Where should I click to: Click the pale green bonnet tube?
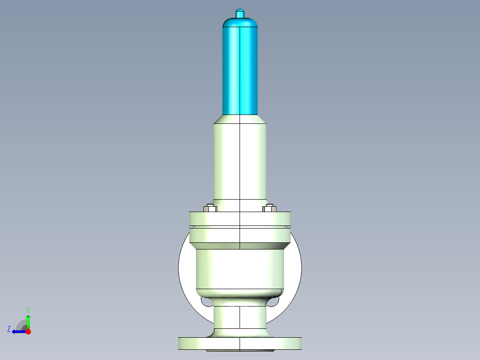point(240,160)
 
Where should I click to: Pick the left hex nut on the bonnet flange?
point(210,208)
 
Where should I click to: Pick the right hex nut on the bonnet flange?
point(269,208)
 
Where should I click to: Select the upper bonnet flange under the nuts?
point(240,218)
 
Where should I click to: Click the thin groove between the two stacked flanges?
point(240,227)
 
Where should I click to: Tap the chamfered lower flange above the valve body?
point(240,238)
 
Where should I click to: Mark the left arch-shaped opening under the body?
point(207,303)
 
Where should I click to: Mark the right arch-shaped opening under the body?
point(272,303)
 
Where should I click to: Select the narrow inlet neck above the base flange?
point(240,319)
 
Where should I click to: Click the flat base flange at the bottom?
point(240,344)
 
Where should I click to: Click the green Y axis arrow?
point(28,321)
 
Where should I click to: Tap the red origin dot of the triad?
point(28,331)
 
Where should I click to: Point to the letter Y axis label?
point(28,309)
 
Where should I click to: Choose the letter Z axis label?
point(9,329)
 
